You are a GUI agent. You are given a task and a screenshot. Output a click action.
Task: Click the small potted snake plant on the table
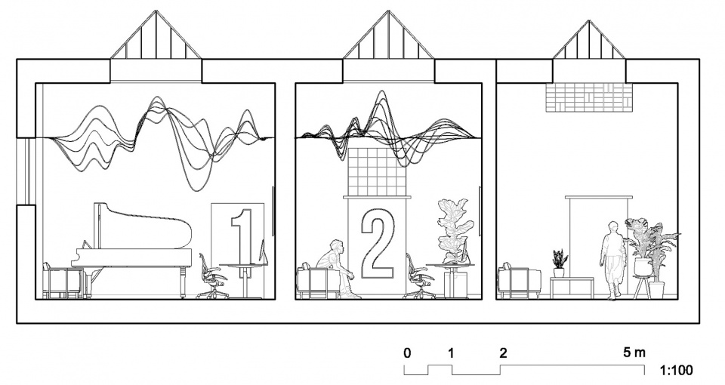tap(560, 263)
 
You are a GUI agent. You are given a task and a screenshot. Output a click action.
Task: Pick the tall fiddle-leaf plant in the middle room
tap(455, 231)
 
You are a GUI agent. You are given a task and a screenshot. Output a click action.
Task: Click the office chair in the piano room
tap(212, 276)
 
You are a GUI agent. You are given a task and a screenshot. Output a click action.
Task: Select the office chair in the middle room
tap(420, 276)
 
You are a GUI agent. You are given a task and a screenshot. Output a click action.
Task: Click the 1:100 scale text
tap(676, 370)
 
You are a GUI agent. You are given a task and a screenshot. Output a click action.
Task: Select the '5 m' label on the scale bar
tap(634, 353)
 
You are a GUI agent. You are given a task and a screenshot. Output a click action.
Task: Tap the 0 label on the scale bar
tap(407, 353)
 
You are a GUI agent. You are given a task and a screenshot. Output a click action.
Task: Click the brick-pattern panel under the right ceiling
tap(588, 97)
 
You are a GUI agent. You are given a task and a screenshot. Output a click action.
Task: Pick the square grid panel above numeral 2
tap(376, 172)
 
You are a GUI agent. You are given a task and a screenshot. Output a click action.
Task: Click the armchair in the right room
tap(520, 281)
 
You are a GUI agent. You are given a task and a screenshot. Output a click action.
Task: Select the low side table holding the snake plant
tap(572, 288)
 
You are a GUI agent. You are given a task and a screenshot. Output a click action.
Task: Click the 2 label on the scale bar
tap(503, 353)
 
